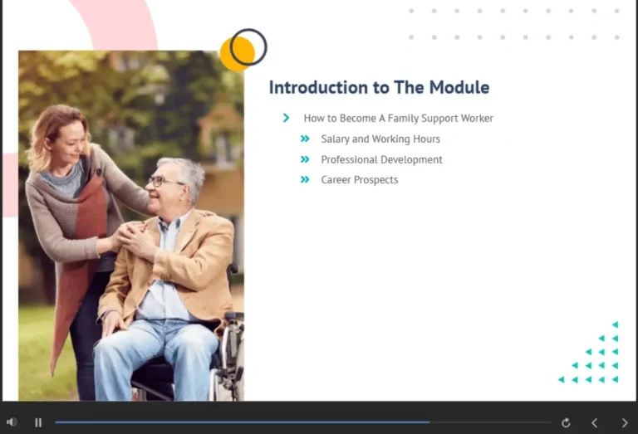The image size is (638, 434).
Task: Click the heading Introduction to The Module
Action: click(379, 88)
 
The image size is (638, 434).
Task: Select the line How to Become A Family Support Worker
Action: click(398, 119)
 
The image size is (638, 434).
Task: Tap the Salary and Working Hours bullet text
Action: click(380, 139)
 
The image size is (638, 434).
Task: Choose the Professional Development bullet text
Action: click(381, 160)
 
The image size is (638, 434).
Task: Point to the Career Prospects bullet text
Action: click(359, 180)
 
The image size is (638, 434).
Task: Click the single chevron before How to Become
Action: click(287, 119)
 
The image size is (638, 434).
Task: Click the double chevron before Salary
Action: click(305, 139)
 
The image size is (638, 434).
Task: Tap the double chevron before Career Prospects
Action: click(305, 179)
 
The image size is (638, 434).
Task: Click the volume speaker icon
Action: click(12, 422)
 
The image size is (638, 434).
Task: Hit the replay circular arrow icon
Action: click(566, 422)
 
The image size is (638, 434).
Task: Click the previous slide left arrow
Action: click(594, 422)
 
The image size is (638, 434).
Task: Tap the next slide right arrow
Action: click(625, 422)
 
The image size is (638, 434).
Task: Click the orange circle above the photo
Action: click(235, 55)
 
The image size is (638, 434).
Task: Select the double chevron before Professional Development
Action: click(305, 159)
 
